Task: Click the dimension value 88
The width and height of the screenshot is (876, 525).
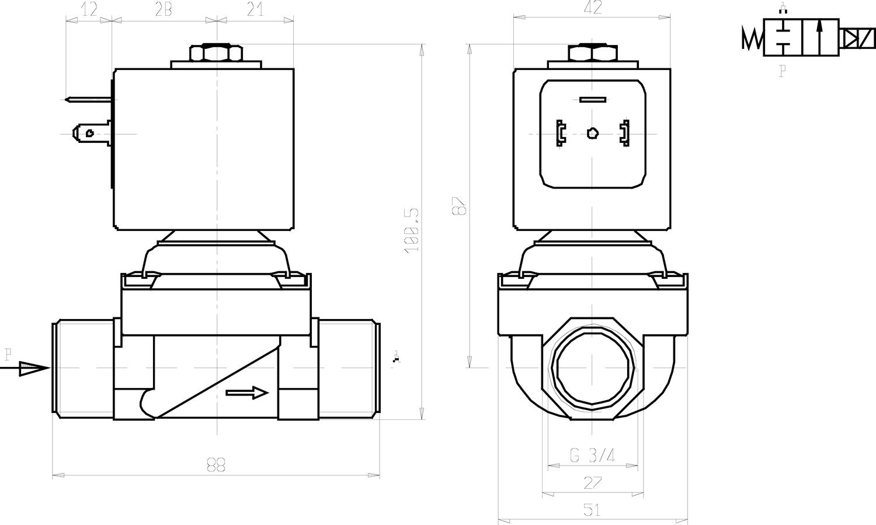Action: (215, 464)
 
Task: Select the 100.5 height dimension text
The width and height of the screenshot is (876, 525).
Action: (412, 230)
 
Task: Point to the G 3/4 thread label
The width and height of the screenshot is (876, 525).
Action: (592, 455)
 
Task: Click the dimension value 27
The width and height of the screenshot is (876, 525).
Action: (592, 483)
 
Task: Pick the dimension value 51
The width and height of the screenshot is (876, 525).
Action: (592, 510)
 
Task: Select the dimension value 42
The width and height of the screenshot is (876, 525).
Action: (593, 8)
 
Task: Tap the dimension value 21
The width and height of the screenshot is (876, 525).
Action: (255, 9)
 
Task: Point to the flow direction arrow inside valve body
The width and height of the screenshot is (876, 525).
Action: (246, 393)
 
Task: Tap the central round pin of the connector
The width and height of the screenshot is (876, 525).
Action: (592, 134)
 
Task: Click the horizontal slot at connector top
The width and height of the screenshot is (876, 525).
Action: (592, 100)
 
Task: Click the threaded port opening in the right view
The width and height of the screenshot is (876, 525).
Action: (592, 369)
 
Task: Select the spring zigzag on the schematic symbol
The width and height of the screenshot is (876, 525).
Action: (752, 38)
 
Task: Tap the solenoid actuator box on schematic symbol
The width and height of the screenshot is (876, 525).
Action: (857, 38)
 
